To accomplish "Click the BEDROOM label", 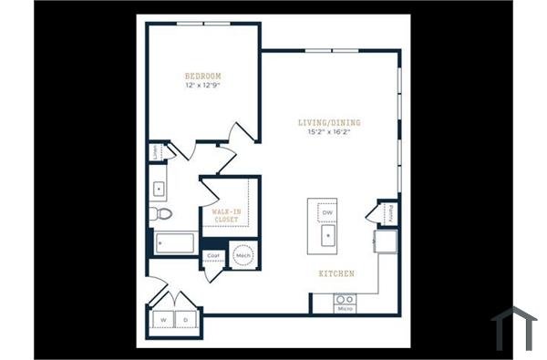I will (202, 76).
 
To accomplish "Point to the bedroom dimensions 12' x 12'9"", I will (202, 85).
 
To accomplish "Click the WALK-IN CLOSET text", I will (226, 215).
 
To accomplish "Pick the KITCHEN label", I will (335, 273).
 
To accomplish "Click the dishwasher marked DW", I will (326, 213).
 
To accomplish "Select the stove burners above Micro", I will (344, 299).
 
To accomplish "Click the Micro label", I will (344, 310).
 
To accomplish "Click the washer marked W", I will (164, 320).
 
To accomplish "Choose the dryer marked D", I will (186, 320).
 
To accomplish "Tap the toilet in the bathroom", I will (161, 214).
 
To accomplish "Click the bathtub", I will (174, 243).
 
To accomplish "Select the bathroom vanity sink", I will (158, 189).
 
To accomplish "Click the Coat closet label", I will (213, 256).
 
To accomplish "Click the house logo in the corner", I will (513, 327).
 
